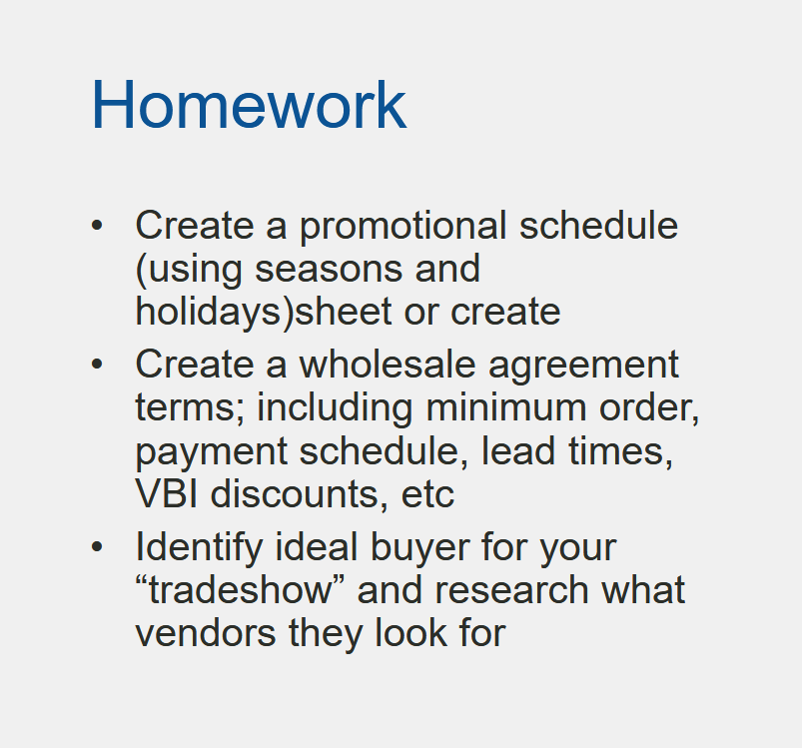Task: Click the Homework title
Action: click(249, 105)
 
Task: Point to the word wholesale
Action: click(388, 365)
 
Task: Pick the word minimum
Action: click(505, 408)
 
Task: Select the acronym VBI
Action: click(166, 494)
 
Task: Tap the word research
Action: click(511, 590)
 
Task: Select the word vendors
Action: click(206, 633)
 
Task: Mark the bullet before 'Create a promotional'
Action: click(97, 225)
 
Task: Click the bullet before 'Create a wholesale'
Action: click(97, 365)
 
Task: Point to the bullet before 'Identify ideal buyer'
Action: click(97, 547)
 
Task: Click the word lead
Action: click(518, 451)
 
